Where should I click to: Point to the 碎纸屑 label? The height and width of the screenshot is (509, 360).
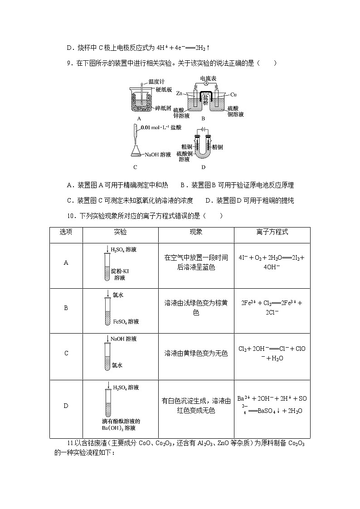[163, 109]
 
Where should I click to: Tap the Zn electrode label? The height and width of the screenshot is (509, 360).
[179, 94]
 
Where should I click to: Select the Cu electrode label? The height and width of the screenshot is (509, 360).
[234, 95]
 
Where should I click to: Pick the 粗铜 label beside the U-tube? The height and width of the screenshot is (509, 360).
[187, 147]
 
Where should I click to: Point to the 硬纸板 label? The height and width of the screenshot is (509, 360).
[164, 90]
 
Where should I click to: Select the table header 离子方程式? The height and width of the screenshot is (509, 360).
[272, 232]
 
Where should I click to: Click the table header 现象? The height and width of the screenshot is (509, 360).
[196, 232]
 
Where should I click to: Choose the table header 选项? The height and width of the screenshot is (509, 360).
[66, 232]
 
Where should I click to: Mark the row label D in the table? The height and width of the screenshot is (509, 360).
[66, 406]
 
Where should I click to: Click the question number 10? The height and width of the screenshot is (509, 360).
[70, 216]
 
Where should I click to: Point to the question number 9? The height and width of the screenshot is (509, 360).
[68, 63]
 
